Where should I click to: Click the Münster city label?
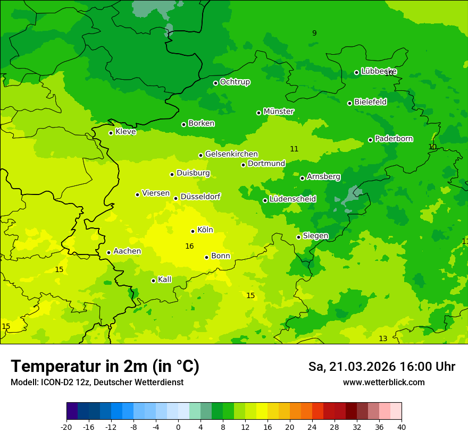pos(278,112)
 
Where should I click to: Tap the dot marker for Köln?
pos(193,231)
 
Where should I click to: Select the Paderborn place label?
pos(394,139)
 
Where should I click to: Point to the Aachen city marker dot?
pos(108,252)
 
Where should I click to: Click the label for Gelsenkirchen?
pos(231,154)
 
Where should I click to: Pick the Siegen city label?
pos(315,236)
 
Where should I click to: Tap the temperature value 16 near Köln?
pos(189,246)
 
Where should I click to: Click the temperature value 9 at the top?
pos(314,33)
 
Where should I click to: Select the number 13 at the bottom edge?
pos(383,338)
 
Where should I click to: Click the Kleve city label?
pos(126,132)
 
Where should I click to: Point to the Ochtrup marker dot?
pos(215,83)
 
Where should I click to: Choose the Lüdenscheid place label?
pos(292,199)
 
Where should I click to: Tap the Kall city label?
pos(164,279)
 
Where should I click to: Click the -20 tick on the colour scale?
pos(66,427)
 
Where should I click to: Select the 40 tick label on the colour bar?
pos(402,427)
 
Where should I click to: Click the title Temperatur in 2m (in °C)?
pos(105,367)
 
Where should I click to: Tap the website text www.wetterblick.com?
pos(383,383)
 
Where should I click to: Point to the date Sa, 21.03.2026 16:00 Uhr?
pos(381,367)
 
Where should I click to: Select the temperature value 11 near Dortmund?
pos(294,149)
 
